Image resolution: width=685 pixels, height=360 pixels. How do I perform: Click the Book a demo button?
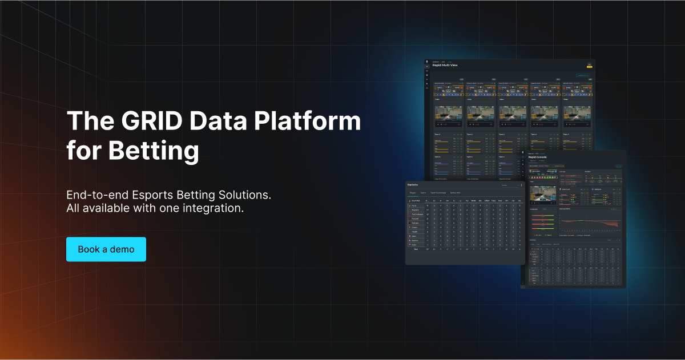(106, 249)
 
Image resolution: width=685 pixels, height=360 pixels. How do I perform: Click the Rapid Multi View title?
(445, 65)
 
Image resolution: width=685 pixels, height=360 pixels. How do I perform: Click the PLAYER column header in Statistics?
(417, 201)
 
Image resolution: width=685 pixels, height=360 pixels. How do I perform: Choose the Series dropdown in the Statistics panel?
(507, 185)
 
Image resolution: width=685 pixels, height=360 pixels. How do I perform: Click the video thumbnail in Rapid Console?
(543, 192)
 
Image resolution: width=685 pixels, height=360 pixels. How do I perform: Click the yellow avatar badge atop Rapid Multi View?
(589, 66)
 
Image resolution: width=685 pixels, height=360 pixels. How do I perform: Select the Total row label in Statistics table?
(415, 249)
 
